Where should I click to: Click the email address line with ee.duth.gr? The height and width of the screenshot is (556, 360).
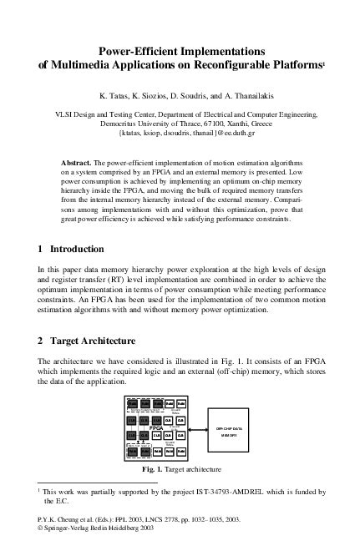tap(180, 133)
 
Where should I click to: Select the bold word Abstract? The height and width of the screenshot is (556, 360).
tap(81, 160)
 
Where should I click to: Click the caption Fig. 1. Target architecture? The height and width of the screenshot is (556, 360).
tap(180, 470)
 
